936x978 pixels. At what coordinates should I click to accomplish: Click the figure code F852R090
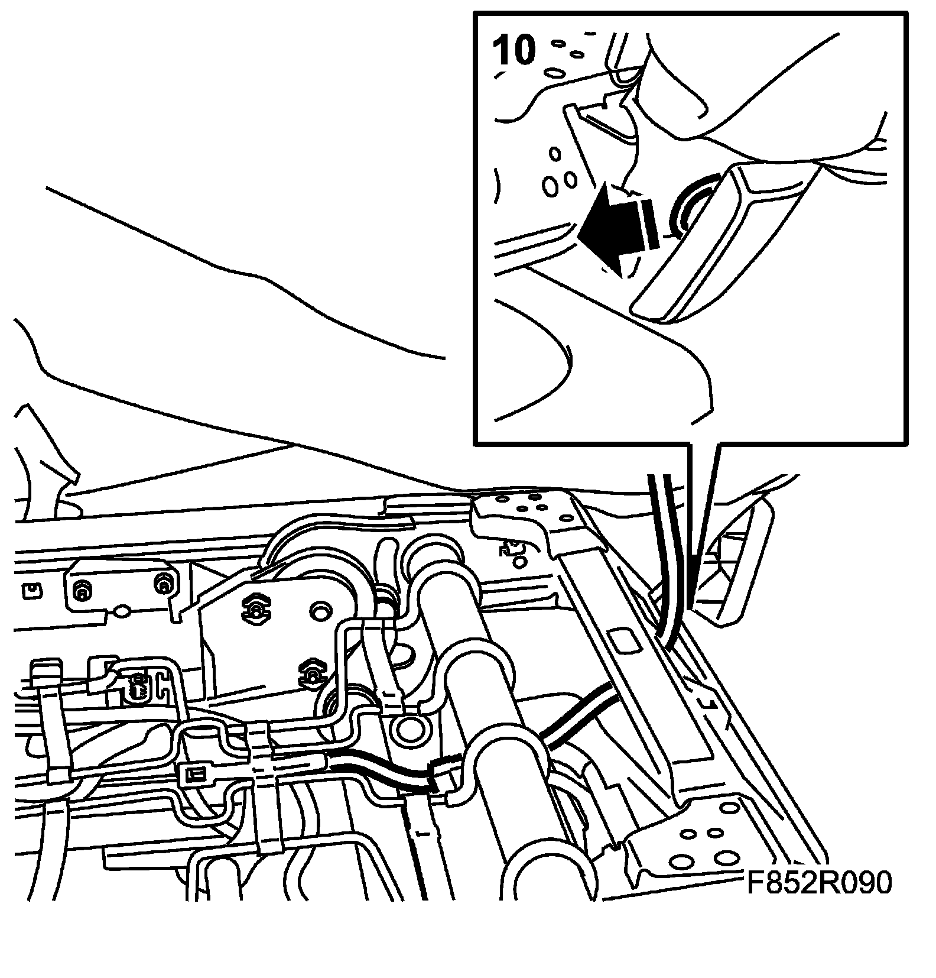[818, 884]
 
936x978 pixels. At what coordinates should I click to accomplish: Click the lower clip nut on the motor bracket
[312, 672]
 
